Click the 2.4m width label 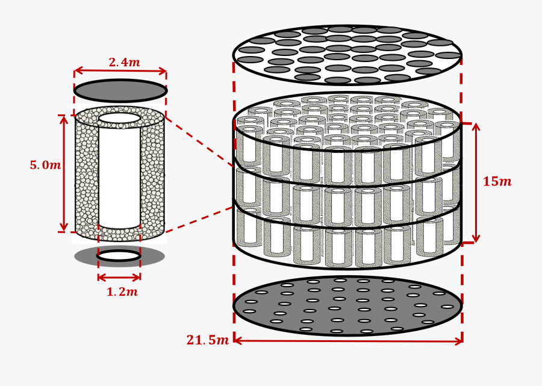tap(124, 63)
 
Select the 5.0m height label tap(45, 166)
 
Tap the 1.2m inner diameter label tap(122, 292)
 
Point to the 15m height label tap(497, 182)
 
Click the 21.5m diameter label tap(207, 340)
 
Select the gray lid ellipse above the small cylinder tap(120, 91)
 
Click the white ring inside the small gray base tap(119, 256)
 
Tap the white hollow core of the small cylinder tap(119, 175)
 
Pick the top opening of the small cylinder tap(119, 119)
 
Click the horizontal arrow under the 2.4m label tap(120, 72)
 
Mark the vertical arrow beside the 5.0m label tap(64, 173)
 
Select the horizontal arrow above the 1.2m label tap(119, 278)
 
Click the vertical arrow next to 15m tap(476, 183)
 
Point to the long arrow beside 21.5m tap(347, 341)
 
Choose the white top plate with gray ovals tap(347, 55)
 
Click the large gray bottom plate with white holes tap(347, 306)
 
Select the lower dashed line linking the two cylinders tap(199, 220)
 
